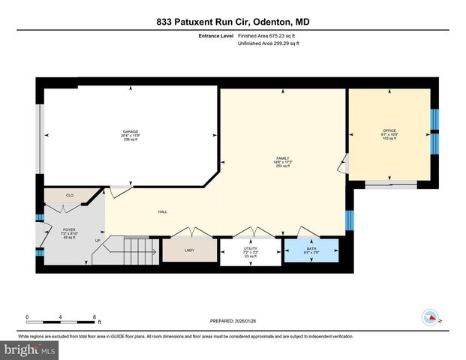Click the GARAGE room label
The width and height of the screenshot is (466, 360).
[x=131, y=135]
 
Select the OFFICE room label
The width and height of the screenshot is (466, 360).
[x=389, y=135]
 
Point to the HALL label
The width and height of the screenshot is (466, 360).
[x=161, y=212]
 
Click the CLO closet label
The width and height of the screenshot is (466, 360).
[x=70, y=195]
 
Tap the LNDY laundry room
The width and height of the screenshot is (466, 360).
[x=190, y=250]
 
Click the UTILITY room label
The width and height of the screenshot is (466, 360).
[x=250, y=251]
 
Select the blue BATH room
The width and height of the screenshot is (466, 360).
[x=311, y=250]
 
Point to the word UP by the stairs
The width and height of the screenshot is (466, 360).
[x=97, y=240]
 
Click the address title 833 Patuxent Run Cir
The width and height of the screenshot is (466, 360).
[x=233, y=22]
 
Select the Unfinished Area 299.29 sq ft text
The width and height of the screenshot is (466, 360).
[x=269, y=43]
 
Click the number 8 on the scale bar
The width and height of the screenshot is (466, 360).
[x=95, y=316]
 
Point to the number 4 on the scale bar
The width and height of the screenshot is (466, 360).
[x=61, y=316]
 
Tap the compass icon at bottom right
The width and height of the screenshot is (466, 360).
[x=431, y=317]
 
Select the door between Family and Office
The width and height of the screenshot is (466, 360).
[x=344, y=163]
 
